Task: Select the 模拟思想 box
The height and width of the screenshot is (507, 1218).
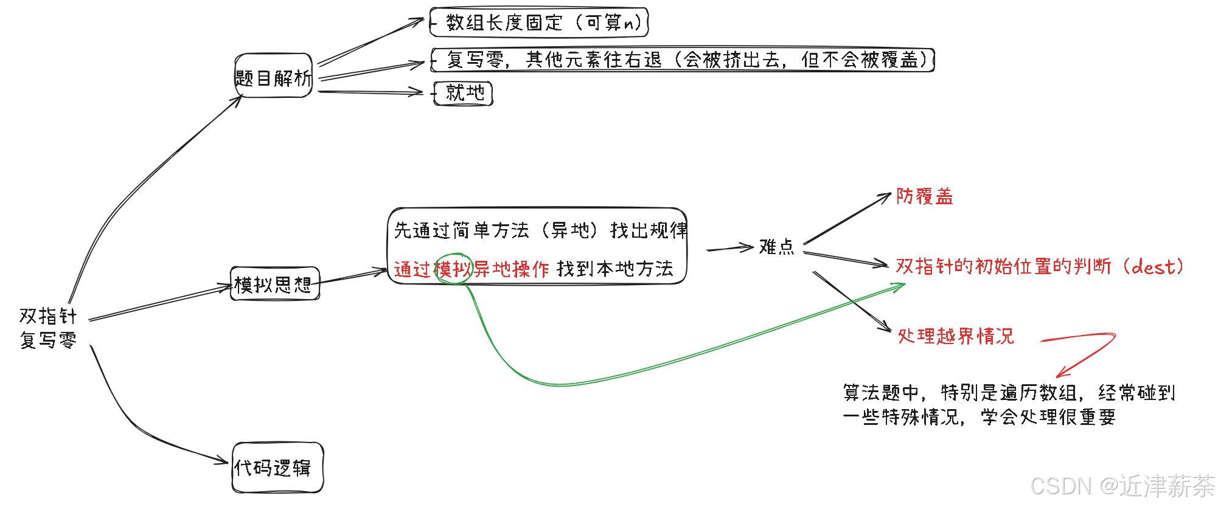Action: (275, 284)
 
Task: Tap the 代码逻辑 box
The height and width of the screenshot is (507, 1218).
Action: (277, 467)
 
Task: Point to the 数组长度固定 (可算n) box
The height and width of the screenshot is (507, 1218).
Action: (539, 22)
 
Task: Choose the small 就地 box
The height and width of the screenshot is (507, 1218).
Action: (463, 93)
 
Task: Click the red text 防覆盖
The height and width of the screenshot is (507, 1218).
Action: (924, 196)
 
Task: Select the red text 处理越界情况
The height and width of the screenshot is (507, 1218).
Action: (956, 336)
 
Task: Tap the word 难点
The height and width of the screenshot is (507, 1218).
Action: (776, 247)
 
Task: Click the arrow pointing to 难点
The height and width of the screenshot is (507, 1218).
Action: (730, 248)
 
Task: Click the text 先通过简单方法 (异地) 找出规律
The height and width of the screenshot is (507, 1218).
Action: (540, 230)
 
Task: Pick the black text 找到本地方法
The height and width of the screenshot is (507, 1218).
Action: (614, 269)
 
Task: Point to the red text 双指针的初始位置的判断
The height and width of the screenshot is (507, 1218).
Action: (1003, 266)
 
